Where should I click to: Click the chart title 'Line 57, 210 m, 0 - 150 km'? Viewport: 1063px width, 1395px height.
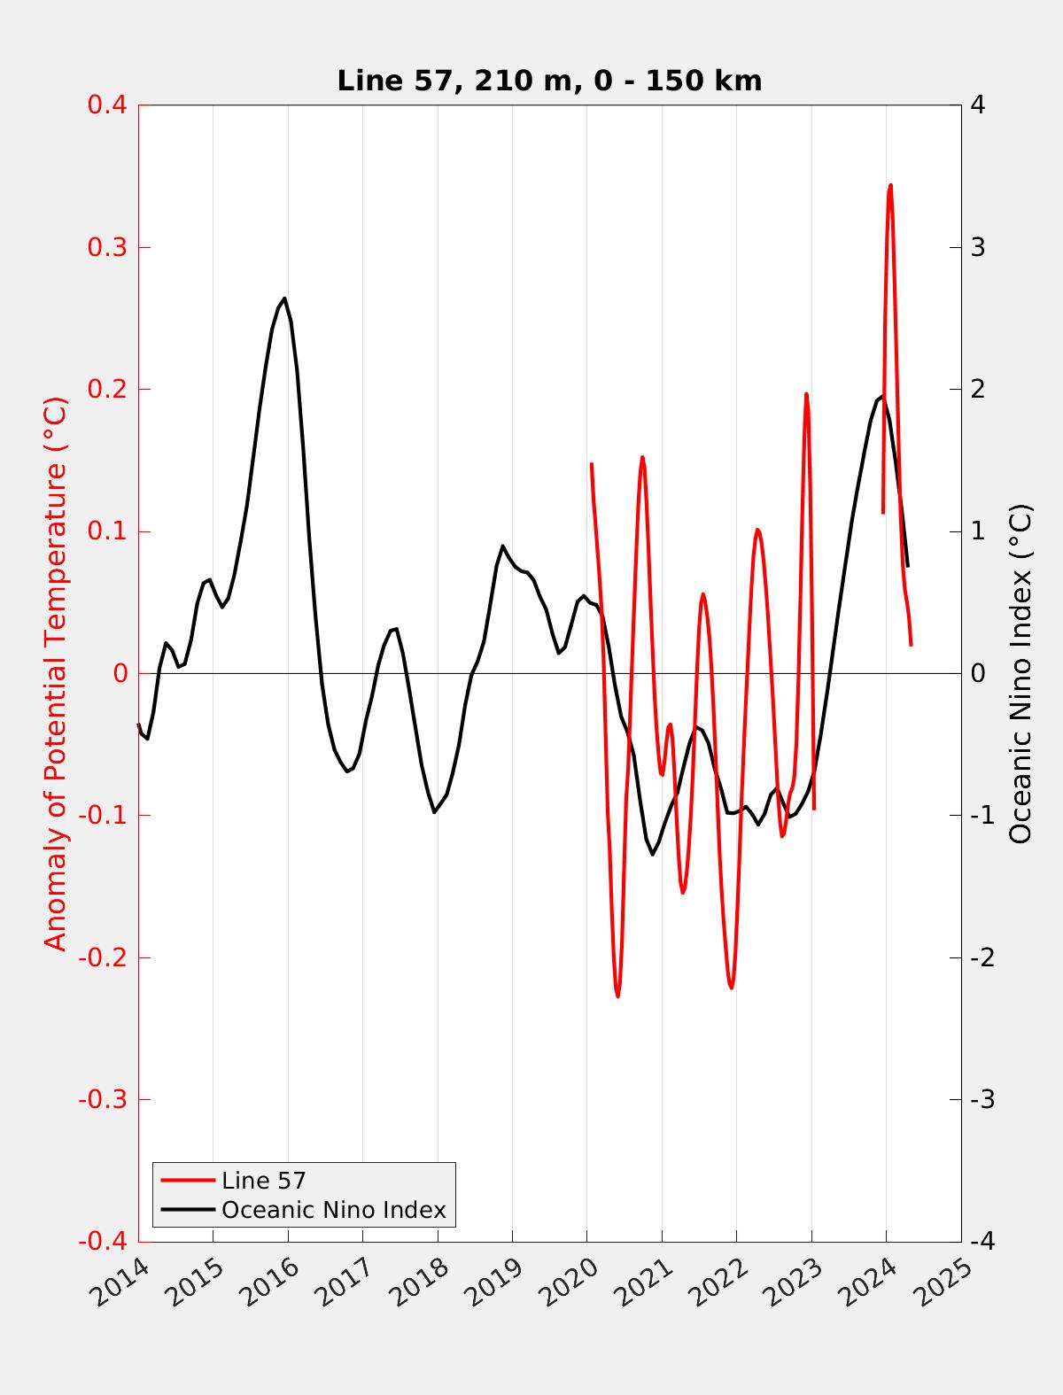point(549,81)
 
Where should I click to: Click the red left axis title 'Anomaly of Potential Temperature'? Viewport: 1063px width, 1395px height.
point(56,673)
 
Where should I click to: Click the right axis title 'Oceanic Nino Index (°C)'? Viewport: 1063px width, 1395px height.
point(1020,673)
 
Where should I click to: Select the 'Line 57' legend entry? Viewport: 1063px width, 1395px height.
point(263,1181)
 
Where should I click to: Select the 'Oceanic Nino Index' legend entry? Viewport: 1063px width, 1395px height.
point(333,1209)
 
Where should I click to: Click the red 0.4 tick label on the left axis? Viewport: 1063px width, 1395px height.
point(107,105)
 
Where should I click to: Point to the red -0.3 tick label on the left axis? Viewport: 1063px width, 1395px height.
point(103,1099)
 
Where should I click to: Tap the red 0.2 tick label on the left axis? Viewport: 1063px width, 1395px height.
point(107,389)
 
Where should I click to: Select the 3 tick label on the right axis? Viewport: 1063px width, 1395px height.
point(978,247)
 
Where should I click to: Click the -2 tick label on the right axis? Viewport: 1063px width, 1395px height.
point(982,957)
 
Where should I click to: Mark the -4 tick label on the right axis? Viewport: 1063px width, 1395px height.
point(982,1242)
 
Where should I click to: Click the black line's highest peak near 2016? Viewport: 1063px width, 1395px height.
point(284,298)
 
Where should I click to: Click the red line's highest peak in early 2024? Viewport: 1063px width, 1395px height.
point(890,185)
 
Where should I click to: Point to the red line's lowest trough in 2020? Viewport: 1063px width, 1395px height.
point(617,996)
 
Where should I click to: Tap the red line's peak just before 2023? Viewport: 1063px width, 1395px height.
point(806,394)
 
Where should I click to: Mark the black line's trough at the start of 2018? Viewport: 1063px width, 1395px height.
point(434,812)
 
